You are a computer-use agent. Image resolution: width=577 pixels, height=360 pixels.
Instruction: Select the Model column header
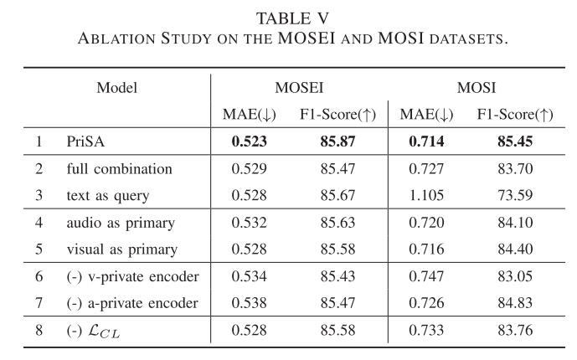coord(117,87)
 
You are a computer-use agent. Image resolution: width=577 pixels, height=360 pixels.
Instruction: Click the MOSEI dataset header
coord(299,87)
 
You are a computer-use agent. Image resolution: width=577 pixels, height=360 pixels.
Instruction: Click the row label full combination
coord(120,169)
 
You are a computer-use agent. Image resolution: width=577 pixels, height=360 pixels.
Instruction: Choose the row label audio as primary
coord(121,223)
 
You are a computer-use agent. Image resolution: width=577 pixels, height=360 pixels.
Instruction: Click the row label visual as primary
coord(122,249)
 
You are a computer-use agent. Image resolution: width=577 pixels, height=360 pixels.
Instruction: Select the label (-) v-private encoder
coord(131,276)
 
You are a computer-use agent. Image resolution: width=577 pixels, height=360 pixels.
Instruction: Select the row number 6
coord(39,276)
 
